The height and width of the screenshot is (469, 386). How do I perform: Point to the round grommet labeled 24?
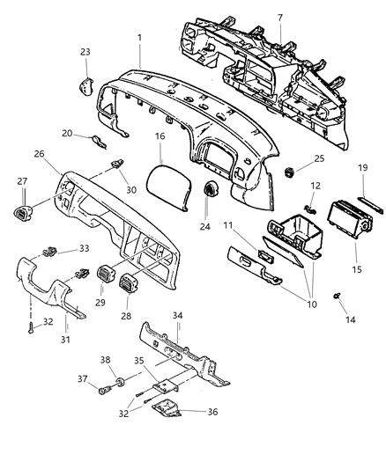coord(212,191)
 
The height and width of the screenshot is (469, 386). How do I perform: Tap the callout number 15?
coord(356,267)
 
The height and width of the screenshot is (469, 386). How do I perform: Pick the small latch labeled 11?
coord(262,255)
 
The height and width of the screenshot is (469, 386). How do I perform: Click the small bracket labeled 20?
coord(100,139)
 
